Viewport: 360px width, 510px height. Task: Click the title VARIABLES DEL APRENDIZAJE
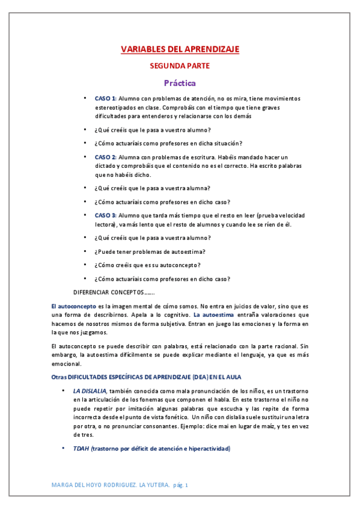coord(180,50)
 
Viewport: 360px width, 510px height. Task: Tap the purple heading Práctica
coord(180,83)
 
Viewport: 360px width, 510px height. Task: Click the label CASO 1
coord(106,98)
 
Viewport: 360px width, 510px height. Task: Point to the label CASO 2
coord(106,157)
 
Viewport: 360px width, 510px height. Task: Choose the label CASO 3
coord(106,215)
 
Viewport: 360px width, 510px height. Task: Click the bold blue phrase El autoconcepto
coord(73,306)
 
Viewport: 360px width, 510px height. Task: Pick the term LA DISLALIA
coord(90,391)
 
